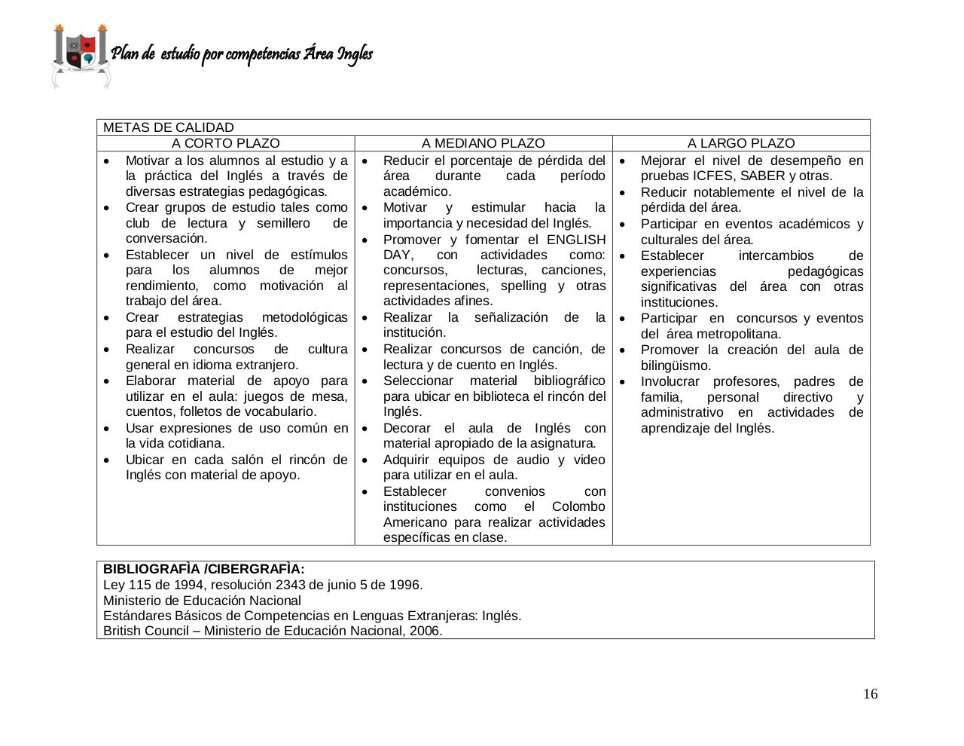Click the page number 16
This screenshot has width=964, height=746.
pyautogui.click(x=870, y=694)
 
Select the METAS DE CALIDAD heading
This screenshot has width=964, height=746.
pyautogui.click(x=169, y=127)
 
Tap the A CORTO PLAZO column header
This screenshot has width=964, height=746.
pyautogui.click(x=225, y=143)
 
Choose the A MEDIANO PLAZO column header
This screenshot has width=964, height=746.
pyautogui.click(x=483, y=143)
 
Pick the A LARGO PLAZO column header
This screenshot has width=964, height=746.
pyautogui.click(x=740, y=143)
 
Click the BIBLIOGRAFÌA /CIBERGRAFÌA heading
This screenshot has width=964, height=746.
pyautogui.click(x=204, y=569)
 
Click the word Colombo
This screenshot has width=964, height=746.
pyautogui.click(x=578, y=506)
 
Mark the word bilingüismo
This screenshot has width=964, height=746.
pyautogui.click(x=676, y=365)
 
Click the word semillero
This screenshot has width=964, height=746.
pyautogui.click(x=283, y=223)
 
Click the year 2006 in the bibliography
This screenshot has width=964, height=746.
pyautogui.click(x=425, y=631)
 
